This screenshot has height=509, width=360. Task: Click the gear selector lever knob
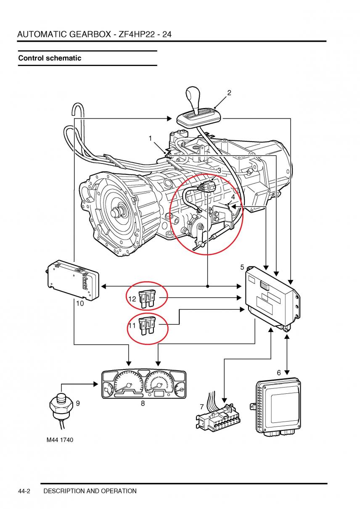coord(195,98)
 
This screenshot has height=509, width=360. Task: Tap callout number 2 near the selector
coord(229,93)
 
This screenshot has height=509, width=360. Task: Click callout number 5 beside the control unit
coord(242,267)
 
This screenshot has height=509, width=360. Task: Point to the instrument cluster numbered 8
coord(144,384)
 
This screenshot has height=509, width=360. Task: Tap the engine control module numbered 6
coord(278,406)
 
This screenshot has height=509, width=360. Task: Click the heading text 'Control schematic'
coord(50,58)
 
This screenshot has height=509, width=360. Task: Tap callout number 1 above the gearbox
coord(150,138)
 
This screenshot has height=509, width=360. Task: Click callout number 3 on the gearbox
coord(219,171)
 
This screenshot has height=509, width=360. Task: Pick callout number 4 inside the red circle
coord(233,197)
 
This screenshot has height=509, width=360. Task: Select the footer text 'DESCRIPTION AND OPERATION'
coord(90,491)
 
